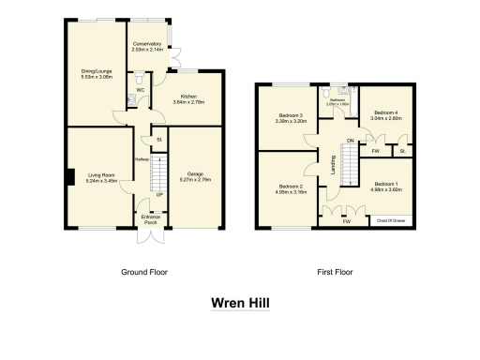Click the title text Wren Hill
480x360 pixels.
tap(239, 304)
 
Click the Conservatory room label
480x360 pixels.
tap(148, 45)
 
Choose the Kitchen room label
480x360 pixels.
tap(188, 96)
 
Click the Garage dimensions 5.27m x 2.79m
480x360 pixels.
tap(196, 178)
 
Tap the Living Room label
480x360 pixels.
tap(100, 174)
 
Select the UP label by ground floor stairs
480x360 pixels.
tap(160, 194)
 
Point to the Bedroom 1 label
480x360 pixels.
tap(387, 184)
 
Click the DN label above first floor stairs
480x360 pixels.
tap(350, 141)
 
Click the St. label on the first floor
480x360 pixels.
tap(403, 150)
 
